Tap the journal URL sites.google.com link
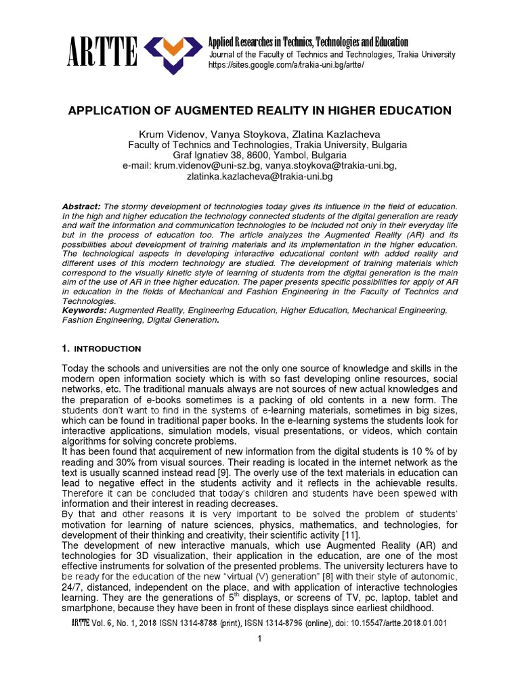point(287,65)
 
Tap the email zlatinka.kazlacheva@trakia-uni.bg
point(260,177)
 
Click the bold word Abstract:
point(81,206)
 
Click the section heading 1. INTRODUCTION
point(101,349)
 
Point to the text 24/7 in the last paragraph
point(72,587)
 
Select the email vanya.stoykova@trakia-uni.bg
point(330,166)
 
